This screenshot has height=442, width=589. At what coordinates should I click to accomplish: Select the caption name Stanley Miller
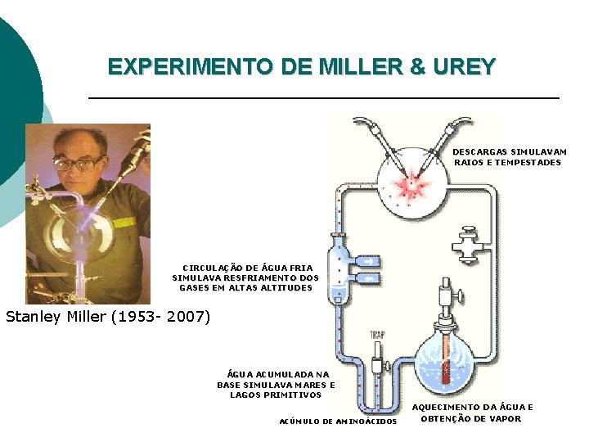57,316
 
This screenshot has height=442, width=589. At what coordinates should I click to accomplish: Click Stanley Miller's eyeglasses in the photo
79,163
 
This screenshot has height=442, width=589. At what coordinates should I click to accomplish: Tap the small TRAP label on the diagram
377,334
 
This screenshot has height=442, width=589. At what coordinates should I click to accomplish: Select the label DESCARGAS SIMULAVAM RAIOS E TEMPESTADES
509,157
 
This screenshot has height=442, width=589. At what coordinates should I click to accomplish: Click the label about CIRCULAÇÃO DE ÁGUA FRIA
245,277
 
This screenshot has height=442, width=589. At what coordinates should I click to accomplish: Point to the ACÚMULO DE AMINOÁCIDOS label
338,422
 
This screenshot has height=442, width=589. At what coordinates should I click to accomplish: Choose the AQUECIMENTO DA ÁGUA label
472,413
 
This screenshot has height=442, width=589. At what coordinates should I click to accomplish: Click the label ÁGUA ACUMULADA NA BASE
276,384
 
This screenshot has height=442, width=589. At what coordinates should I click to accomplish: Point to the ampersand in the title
418,66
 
